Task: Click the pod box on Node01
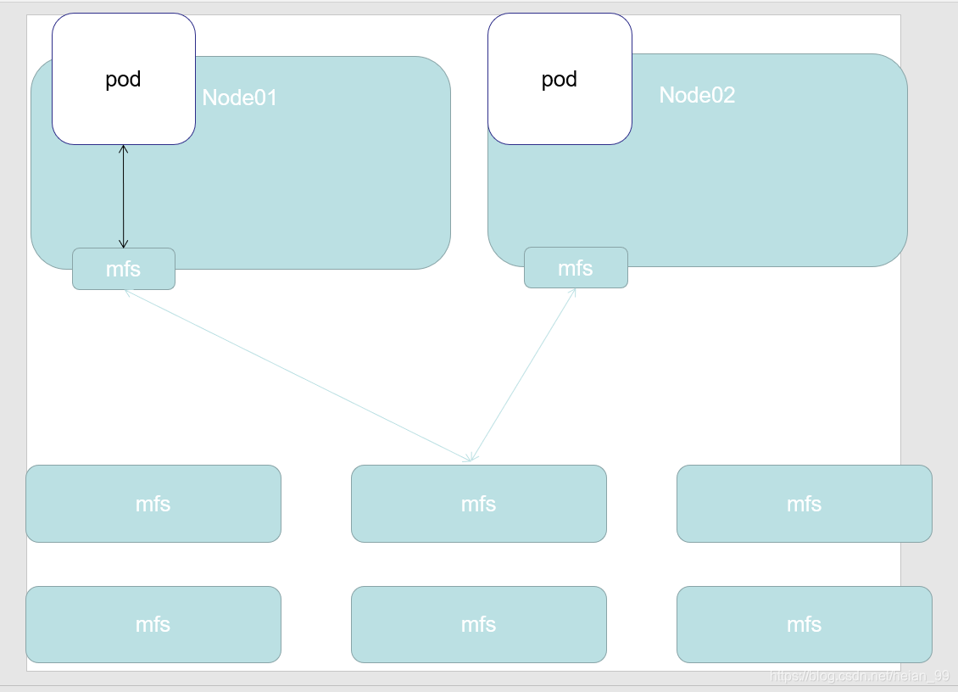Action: tap(124, 79)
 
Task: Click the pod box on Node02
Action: tap(560, 79)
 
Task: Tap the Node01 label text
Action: tap(239, 98)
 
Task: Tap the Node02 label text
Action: tap(697, 95)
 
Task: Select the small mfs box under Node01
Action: tap(124, 269)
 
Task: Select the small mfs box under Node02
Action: tap(576, 268)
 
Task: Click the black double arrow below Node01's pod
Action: tap(124, 196)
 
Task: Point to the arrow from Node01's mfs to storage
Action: tap(298, 376)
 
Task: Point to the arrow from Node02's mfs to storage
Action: tap(524, 374)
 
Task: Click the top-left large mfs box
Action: tap(153, 504)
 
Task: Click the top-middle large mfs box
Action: tap(479, 504)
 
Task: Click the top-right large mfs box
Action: tap(804, 504)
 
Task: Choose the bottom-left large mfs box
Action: tap(153, 624)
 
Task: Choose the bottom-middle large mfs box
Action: tap(479, 624)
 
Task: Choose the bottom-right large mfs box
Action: tap(804, 624)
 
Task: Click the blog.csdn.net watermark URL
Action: tap(860, 676)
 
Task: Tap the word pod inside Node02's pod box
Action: tap(559, 80)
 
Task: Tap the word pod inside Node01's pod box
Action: tap(123, 80)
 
